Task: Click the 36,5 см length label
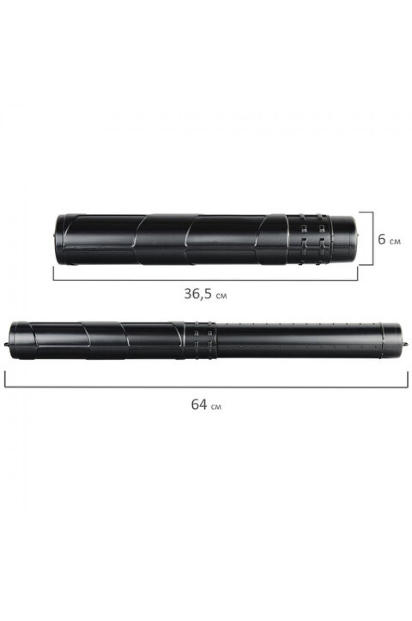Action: [205, 294]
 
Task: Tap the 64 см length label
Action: [206, 404]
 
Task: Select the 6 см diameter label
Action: [389, 240]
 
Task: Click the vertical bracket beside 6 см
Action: [368, 238]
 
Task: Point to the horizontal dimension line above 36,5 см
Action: [205, 280]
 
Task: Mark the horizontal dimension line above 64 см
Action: [206, 387]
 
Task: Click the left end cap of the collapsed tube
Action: [60, 239]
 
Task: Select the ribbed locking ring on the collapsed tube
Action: [308, 239]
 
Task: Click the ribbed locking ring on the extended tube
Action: [200, 340]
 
